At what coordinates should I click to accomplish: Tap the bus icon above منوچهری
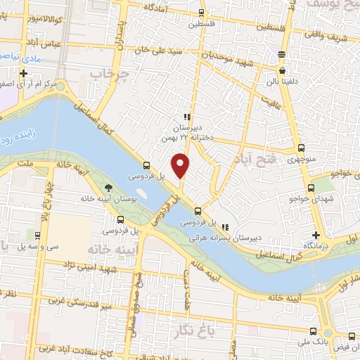click(302, 148)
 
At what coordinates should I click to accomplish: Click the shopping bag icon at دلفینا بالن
click(282, 70)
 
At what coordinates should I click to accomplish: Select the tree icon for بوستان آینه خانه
click(108, 187)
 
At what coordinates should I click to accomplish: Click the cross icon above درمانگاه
click(316, 235)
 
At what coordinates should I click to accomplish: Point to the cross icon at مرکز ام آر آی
click(23, 73)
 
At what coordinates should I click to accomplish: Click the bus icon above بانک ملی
click(311, 330)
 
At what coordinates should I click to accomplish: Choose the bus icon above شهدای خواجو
click(312, 188)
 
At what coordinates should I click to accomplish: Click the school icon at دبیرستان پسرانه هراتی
click(225, 227)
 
